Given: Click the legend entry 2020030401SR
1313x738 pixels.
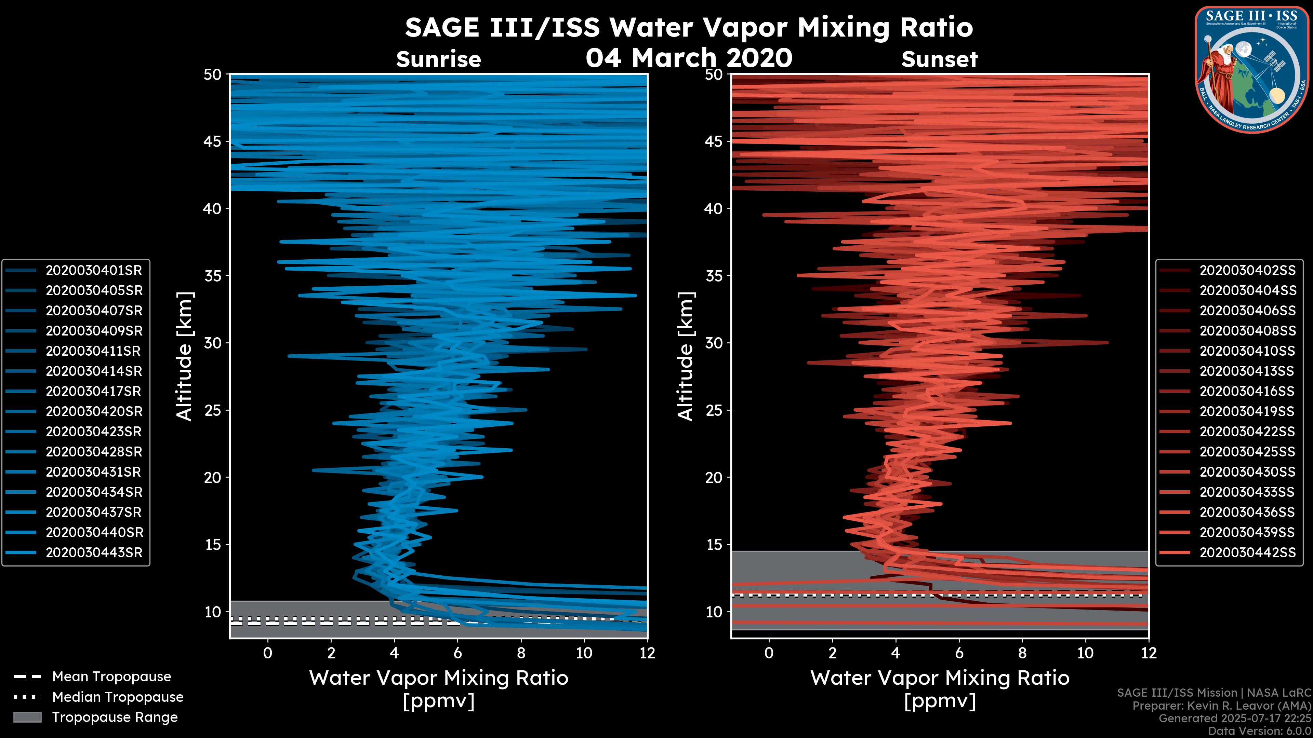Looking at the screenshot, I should tap(94, 271).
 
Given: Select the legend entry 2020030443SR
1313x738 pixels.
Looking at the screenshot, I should tap(94, 552).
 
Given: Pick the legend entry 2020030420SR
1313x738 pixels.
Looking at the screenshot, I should tap(94, 411).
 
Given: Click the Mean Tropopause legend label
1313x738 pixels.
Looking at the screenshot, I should tap(111, 677).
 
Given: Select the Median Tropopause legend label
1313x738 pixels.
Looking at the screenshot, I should tap(118, 697).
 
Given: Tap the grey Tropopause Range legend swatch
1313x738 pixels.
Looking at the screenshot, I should tap(27, 717).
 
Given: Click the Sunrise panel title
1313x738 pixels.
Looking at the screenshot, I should tap(438, 59).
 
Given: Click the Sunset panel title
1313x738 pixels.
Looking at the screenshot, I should tap(939, 59).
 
